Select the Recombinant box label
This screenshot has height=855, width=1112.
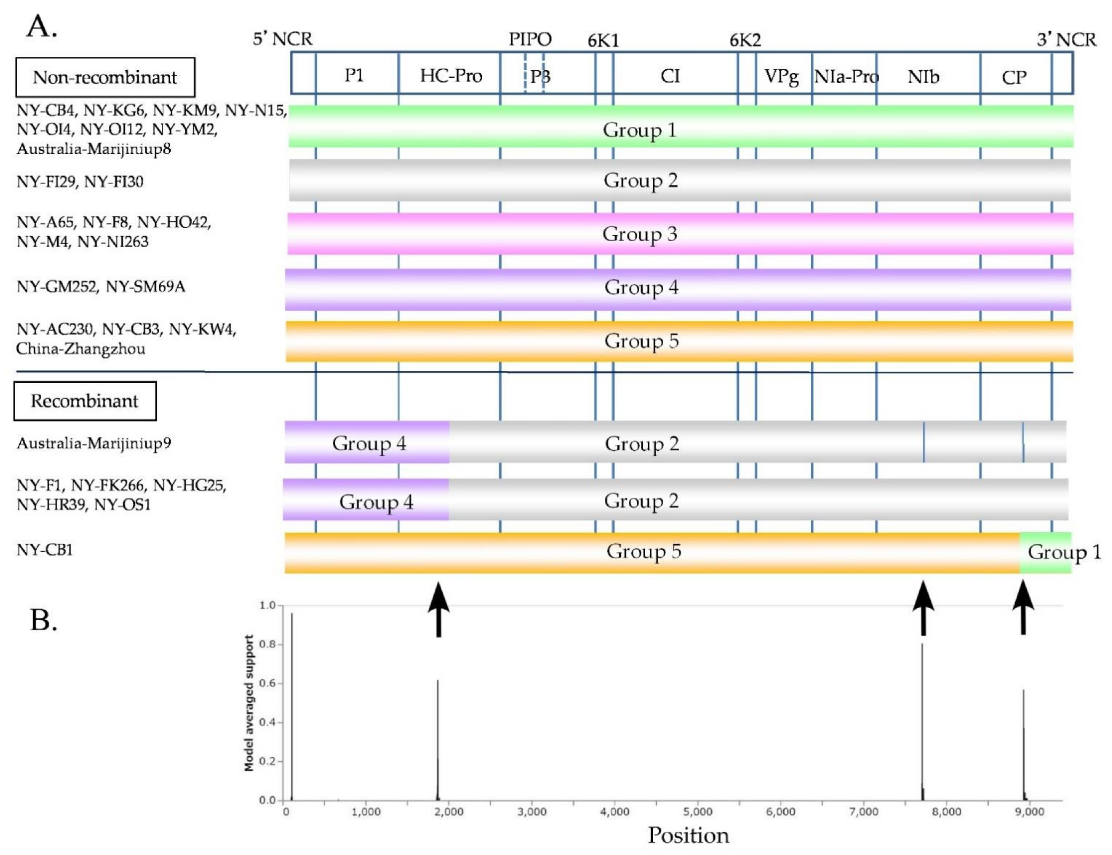pyautogui.click(x=85, y=401)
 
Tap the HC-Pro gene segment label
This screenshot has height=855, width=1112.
pyautogui.click(x=450, y=76)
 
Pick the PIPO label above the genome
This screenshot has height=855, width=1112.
pyautogui.click(x=530, y=39)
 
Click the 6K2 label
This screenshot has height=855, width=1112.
pyautogui.click(x=745, y=40)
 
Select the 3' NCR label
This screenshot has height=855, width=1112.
pyautogui.click(x=1066, y=40)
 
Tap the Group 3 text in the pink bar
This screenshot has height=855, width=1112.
pyautogui.click(x=640, y=234)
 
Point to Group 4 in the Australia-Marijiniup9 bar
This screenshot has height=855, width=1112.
pyautogui.click(x=369, y=443)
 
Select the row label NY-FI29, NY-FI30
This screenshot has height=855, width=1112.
pyautogui.click(x=80, y=182)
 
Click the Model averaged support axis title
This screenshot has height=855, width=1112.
pyautogui.click(x=249, y=703)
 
